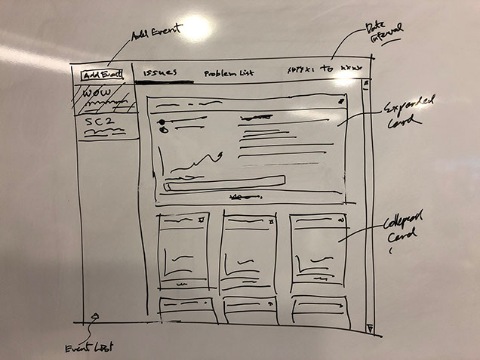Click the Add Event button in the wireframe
102,75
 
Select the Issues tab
159,73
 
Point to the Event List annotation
88,346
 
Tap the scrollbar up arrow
364,83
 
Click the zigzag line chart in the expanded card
193,161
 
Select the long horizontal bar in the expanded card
224,181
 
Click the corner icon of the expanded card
342,100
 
